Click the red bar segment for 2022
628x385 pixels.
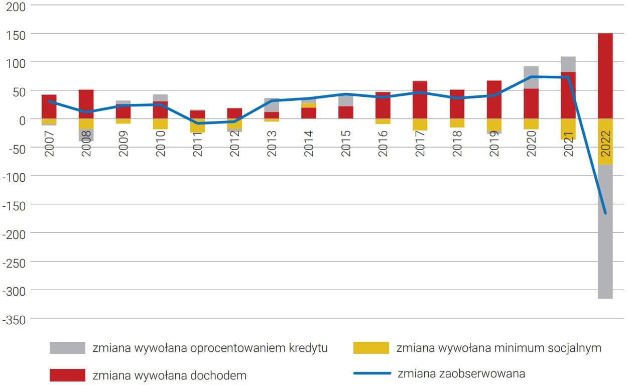click(605, 76)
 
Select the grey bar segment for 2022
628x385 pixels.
click(605, 231)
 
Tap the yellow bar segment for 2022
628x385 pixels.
click(605, 142)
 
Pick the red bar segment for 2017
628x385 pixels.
click(420, 100)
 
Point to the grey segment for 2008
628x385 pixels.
click(86, 135)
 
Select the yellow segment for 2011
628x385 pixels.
click(197, 125)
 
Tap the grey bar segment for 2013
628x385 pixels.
click(272, 105)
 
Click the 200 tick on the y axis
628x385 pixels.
click(16, 6)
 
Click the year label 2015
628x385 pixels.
click(346, 144)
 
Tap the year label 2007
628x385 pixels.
click(49, 144)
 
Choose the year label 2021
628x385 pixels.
click(568, 144)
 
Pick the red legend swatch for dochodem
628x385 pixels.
click(67, 375)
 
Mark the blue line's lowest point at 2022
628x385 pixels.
click(605, 213)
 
